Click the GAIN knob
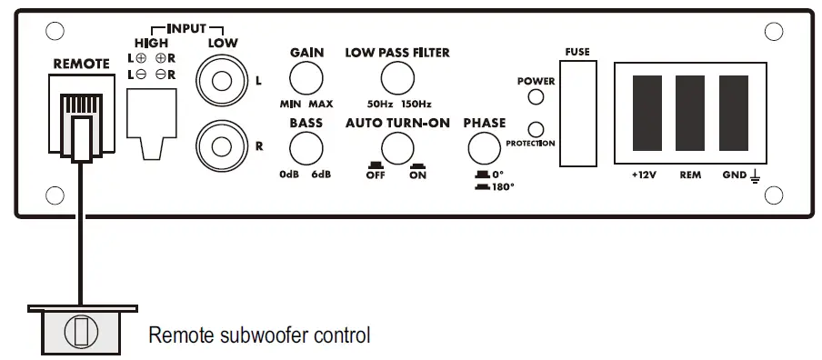(306, 78)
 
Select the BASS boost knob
(306, 147)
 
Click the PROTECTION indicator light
(536, 129)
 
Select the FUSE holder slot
(576, 115)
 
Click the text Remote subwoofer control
(259, 335)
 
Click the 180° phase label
(499, 186)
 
